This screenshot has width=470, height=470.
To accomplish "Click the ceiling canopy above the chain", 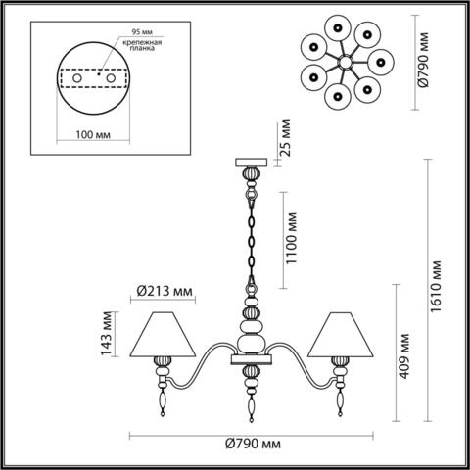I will tap(250, 162).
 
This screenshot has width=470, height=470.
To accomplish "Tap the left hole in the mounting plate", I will tap(68, 79).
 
